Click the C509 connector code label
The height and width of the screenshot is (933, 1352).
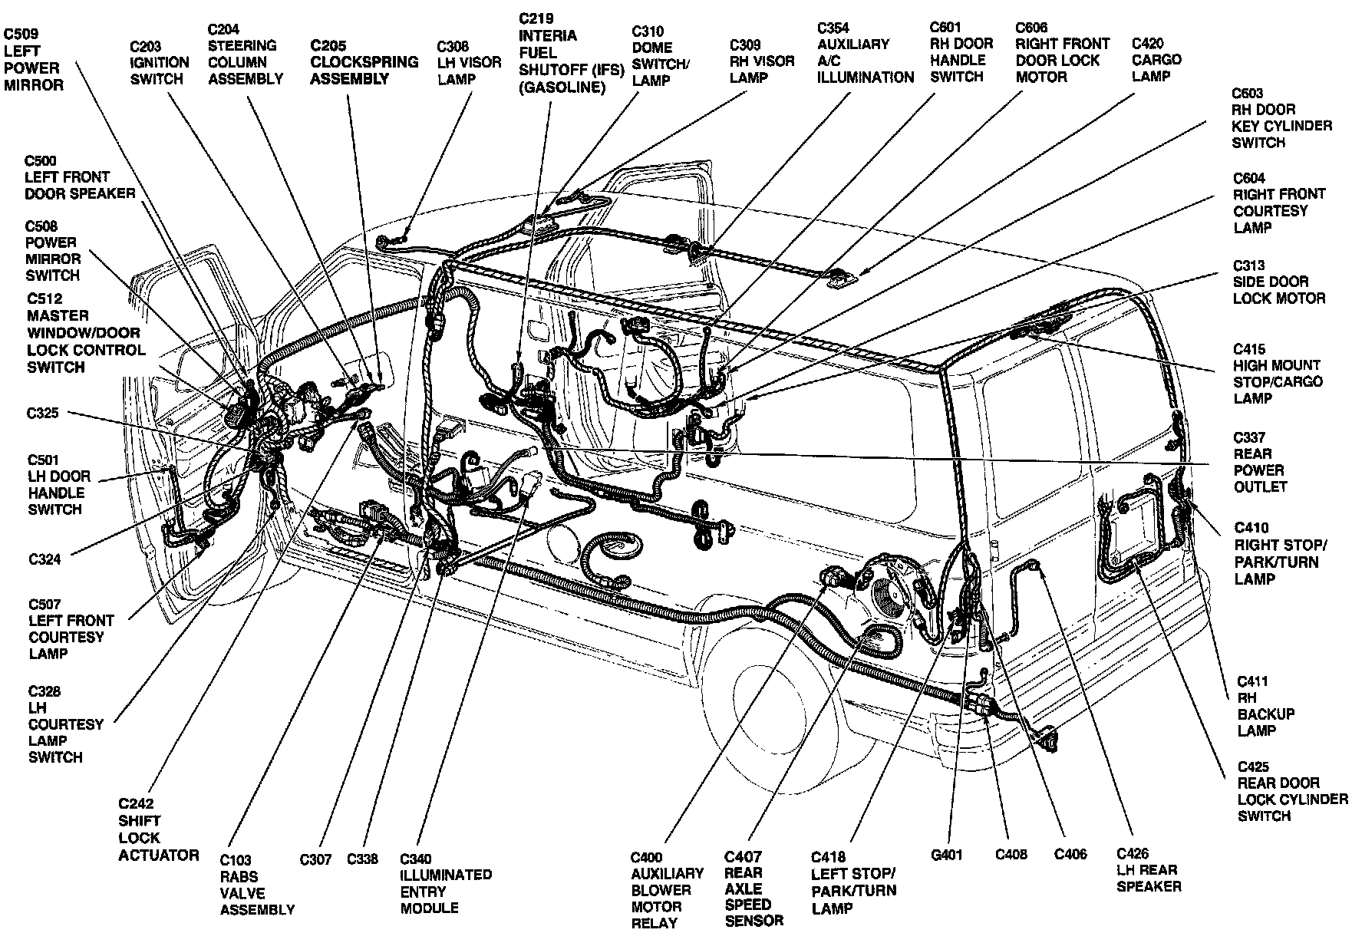pyautogui.click(x=21, y=35)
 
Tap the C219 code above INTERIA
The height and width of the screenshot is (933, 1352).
pyautogui.click(x=536, y=18)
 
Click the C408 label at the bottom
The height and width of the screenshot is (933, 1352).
pyautogui.click(x=1011, y=855)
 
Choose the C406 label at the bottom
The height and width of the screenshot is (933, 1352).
pyautogui.click(x=1070, y=855)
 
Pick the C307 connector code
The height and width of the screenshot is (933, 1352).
pyautogui.click(x=315, y=859)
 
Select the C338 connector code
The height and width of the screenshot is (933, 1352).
pyautogui.click(x=362, y=859)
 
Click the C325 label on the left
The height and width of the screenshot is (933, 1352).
pyautogui.click(x=42, y=414)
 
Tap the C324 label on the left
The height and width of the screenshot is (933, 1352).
pyautogui.click(x=45, y=559)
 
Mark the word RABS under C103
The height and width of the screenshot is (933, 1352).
pyautogui.click(x=239, y=876)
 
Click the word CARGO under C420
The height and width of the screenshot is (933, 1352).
pyautogui.click(x=1156, y=60)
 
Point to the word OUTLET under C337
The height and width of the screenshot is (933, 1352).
pyautogui.click(x=1260, y=487)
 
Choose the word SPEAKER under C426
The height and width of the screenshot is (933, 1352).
pyautogui.click(x=1149, y=887)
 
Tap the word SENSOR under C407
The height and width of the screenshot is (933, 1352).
pyautogui.click(x=753, y=921)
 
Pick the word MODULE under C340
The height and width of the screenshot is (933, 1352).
pyautogui.click(x=429, y=908)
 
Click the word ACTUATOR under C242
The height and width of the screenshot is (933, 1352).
pyautogui.click(x=159, y=855)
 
